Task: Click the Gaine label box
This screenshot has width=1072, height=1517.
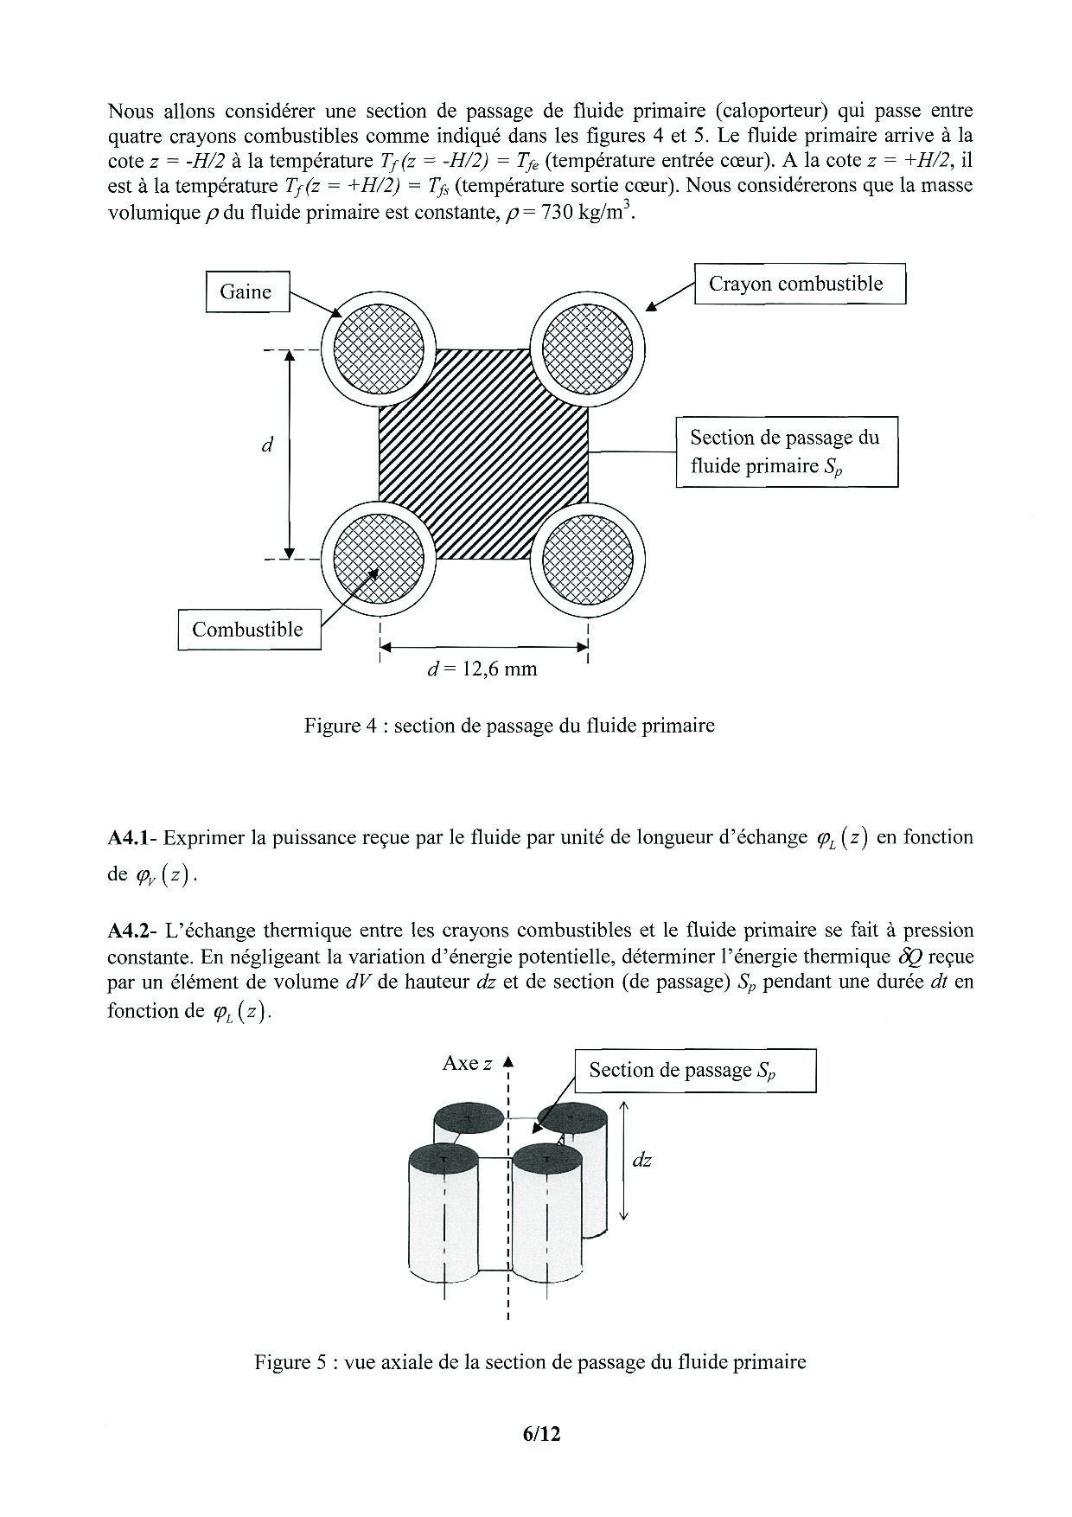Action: [247, 291]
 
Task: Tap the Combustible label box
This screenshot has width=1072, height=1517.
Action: [249, 629]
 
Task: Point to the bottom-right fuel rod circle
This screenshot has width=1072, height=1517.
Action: [587, 559]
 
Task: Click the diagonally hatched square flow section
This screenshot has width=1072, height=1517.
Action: [483, 454]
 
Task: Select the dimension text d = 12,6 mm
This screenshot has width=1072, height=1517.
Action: [482, 669]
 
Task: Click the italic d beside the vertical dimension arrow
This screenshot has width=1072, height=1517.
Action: [267, 445]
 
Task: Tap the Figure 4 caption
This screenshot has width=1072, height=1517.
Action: [509, 725]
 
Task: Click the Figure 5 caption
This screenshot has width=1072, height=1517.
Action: [530, 1362]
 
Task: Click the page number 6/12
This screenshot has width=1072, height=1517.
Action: [542, 1434]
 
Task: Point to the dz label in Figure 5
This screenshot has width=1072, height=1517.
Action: [641, 1161]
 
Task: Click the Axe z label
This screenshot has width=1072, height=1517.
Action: [467, 1064]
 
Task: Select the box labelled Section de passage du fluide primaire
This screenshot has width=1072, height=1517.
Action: [786, 451]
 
